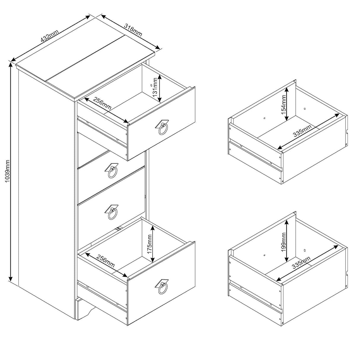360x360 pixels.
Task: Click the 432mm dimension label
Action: click(x=50, y=36)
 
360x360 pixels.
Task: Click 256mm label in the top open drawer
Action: click(x=102, y=104)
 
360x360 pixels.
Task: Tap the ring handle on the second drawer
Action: click(x=112, y=171)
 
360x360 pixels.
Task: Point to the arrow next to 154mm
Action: click(x=286, y=104)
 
